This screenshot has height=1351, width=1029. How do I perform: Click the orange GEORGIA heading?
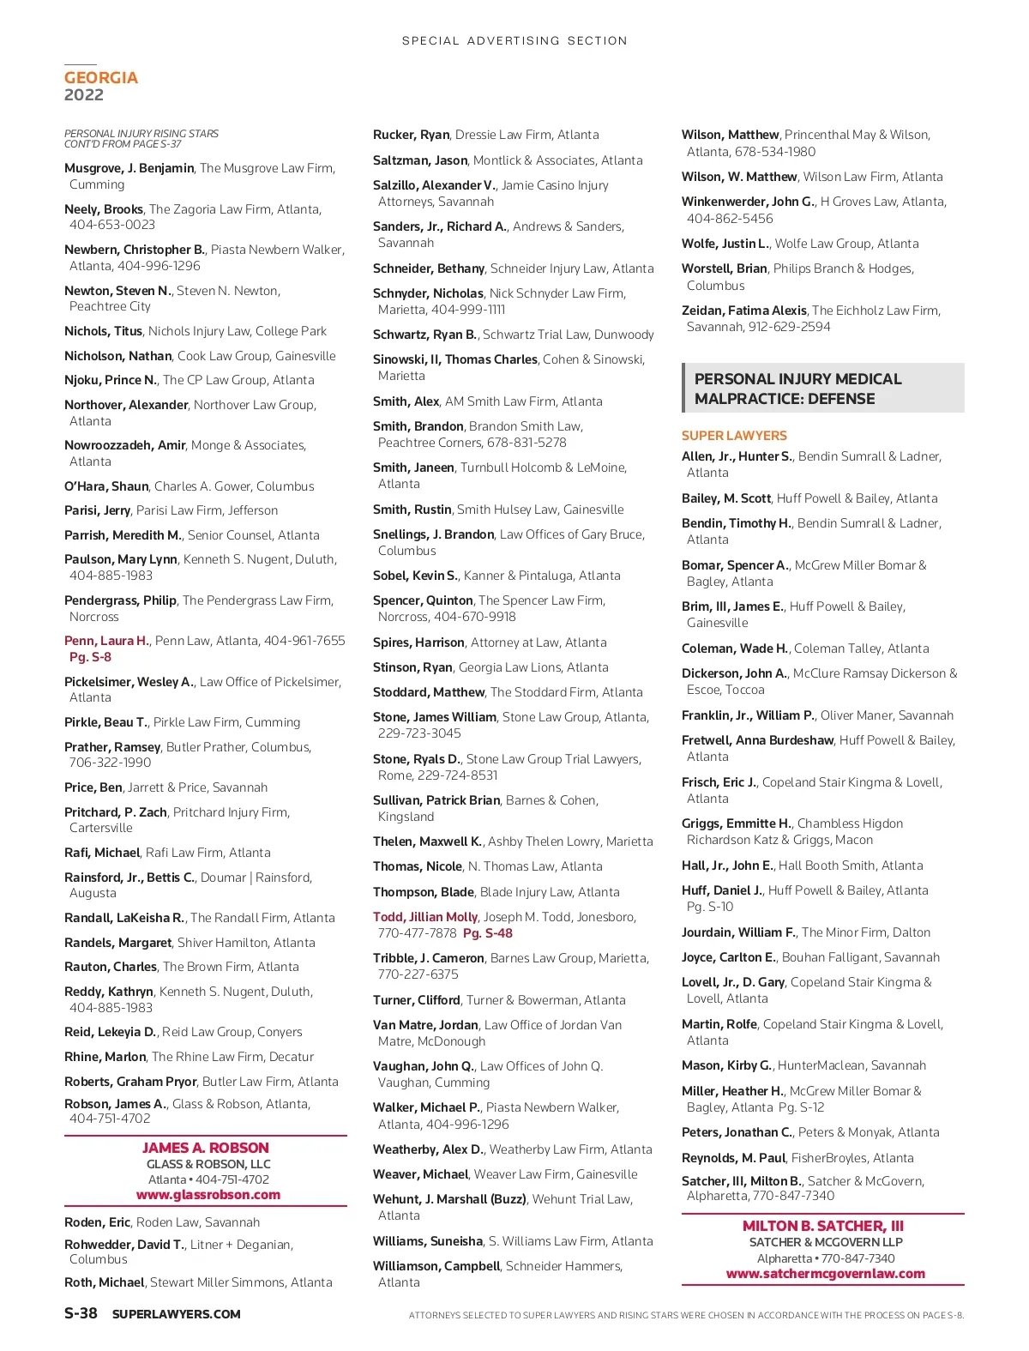[101, 78]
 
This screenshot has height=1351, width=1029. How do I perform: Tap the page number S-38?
[81, 1313]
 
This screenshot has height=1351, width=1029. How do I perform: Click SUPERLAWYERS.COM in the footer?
[176, 1314]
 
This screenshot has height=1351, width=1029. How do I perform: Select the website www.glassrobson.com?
[208, 1195]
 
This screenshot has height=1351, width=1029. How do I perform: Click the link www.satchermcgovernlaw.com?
[825, 1274]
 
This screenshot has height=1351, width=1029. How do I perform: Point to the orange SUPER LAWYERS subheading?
[734, 436]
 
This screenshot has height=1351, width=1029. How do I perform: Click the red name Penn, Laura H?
[106, 641]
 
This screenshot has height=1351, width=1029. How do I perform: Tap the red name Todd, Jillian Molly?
[425, 917]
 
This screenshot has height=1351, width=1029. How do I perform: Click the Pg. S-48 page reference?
[487, 933]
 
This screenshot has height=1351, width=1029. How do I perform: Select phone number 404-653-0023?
[112, 225]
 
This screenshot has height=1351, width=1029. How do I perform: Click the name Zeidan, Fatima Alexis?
[743, 311]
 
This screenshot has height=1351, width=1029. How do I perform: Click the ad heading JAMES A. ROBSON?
[206, 1148]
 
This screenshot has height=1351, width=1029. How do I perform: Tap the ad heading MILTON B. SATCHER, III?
[823, 1226]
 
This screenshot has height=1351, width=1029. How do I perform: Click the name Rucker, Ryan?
[411, 135]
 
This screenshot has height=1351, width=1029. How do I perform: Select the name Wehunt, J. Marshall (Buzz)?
[449, 1199]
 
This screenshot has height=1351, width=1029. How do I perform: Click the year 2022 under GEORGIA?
[84, 95]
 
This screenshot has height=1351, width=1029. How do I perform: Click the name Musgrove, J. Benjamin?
[129, 168]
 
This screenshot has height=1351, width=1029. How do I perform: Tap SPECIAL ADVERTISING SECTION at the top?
[514, 40]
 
